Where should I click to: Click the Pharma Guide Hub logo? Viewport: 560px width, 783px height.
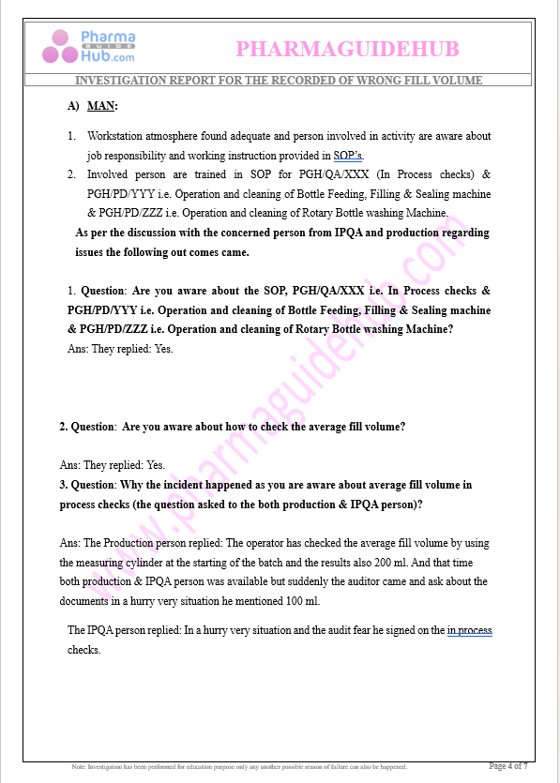[94, 48]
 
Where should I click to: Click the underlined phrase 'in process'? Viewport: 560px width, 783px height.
[469, 630]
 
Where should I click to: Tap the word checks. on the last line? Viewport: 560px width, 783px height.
[83, 649]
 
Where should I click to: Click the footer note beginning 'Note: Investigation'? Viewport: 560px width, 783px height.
[239, 767]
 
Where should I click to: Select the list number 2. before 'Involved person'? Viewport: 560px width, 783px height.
[71, 174]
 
